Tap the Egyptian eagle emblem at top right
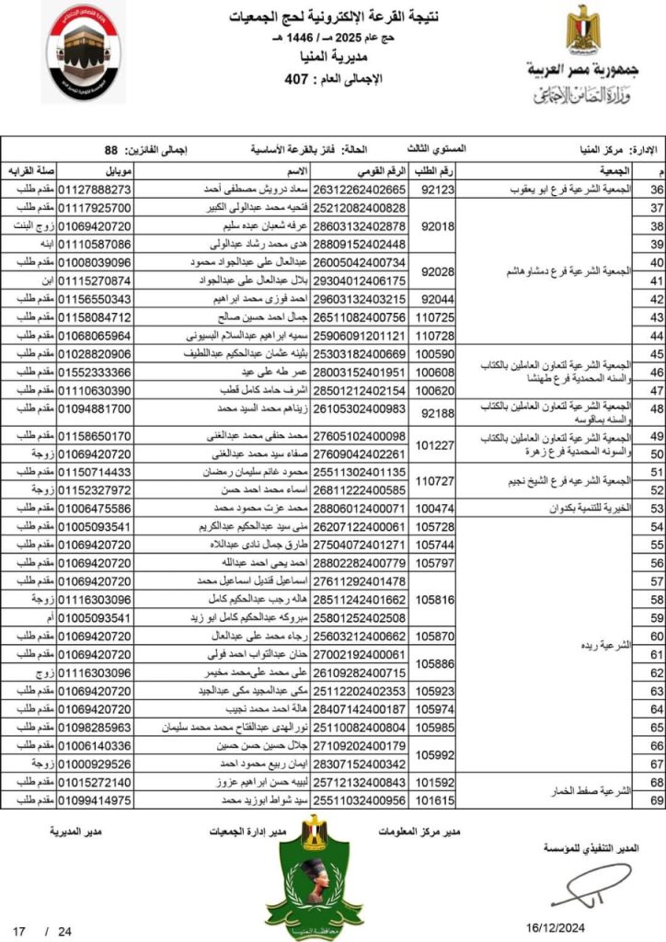pos(582,31)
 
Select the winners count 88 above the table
pos(111,148)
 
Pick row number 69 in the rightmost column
pos(657,800)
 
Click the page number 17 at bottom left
pos(19,930)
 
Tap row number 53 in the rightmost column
pos(657,508)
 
